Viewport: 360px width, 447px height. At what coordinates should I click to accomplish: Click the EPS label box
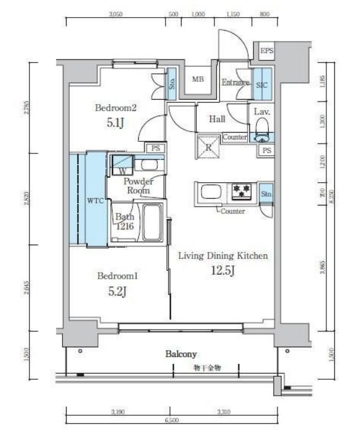click(266, 51)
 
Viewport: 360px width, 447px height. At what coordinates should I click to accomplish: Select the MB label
click(199, 79)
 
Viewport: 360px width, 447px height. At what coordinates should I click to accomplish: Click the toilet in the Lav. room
click(263, 128)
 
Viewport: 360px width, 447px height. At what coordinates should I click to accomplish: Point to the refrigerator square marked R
click(208, 147)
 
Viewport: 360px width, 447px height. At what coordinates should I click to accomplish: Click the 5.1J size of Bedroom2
click(115, 122)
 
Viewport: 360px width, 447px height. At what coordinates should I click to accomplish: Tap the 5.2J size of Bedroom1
click(117, 291)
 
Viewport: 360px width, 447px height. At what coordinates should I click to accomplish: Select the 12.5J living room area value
click(224, 271)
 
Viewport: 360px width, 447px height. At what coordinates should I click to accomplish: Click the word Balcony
click(180, 354)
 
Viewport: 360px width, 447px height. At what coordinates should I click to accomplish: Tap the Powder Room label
click(138, 186)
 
